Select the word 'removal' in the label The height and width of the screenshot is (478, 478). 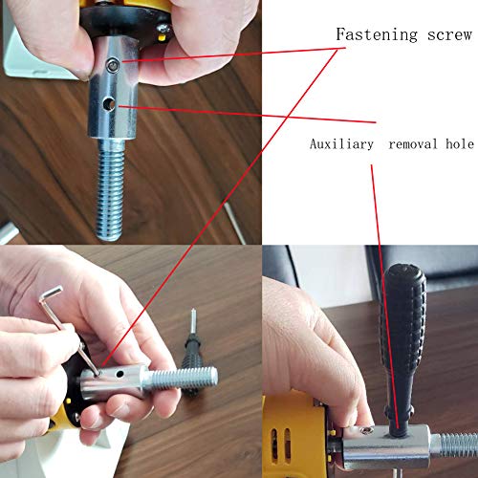click(413, 144)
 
